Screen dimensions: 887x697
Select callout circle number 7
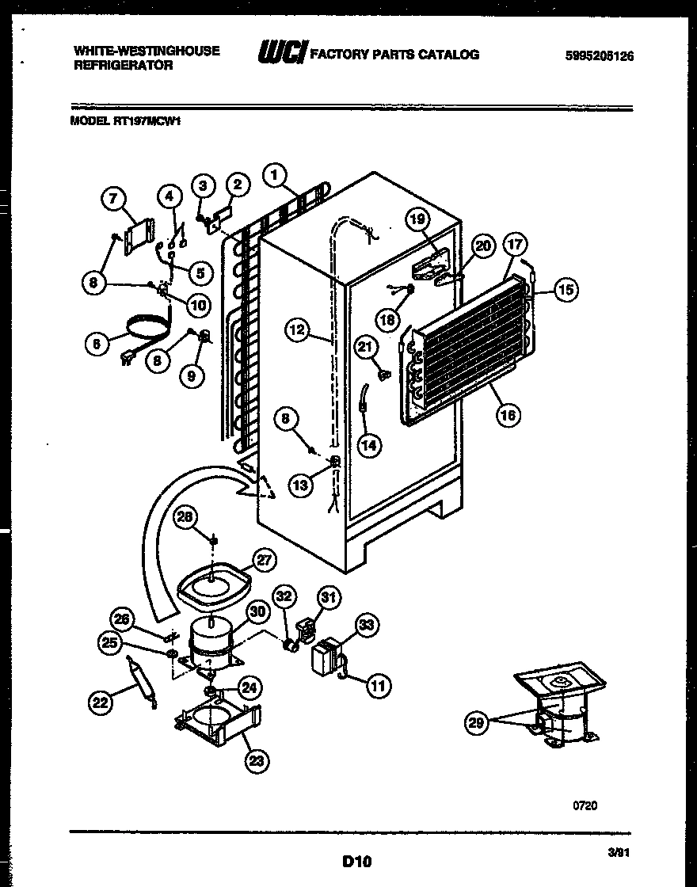[x=113, y=200]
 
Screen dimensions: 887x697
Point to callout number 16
[x=508, y=414]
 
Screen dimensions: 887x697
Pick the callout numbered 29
[x=475, y=723]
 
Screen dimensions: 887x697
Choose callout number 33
[x=366, y=626]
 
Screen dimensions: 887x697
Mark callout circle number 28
[x=184, y=518]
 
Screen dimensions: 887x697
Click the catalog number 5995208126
[x=600, y=56]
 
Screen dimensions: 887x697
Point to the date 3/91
[x=617, y=853]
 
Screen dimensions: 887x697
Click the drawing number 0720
[x=585, y=805]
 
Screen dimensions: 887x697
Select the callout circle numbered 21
[x=364, y=346]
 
